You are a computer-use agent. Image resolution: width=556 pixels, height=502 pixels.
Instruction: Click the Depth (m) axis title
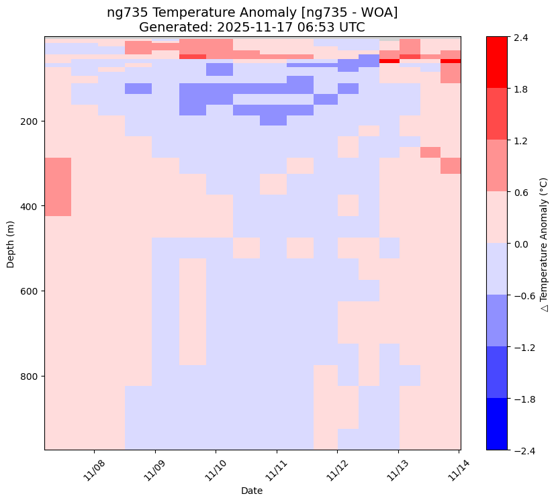(11, 243)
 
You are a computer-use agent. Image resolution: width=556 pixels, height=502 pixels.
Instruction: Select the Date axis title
(252, 491)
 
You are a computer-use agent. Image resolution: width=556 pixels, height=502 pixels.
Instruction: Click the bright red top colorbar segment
(498, 62)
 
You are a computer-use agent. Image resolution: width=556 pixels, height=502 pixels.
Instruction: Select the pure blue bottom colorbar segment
(498, 424)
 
